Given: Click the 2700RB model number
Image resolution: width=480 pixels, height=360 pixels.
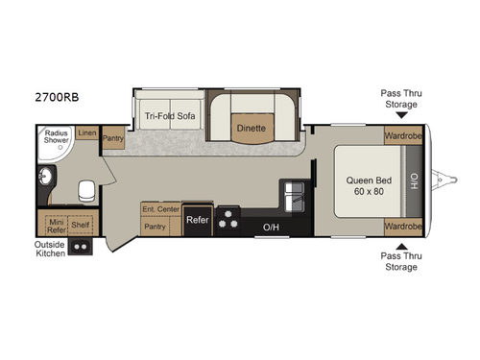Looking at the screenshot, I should [x=34, y=98].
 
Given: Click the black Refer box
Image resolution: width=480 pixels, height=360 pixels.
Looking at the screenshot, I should [x=197, y=220].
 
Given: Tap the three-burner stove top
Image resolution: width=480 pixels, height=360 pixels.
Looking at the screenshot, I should [x=229, y=220].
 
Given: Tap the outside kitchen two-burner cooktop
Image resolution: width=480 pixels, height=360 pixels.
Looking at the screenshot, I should [x=81, y=246].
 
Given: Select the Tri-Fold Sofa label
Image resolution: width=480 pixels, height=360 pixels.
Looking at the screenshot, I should [x=170, y=114].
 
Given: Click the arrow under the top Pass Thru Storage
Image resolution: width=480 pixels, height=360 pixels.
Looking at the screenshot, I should [x=401, y=113].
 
